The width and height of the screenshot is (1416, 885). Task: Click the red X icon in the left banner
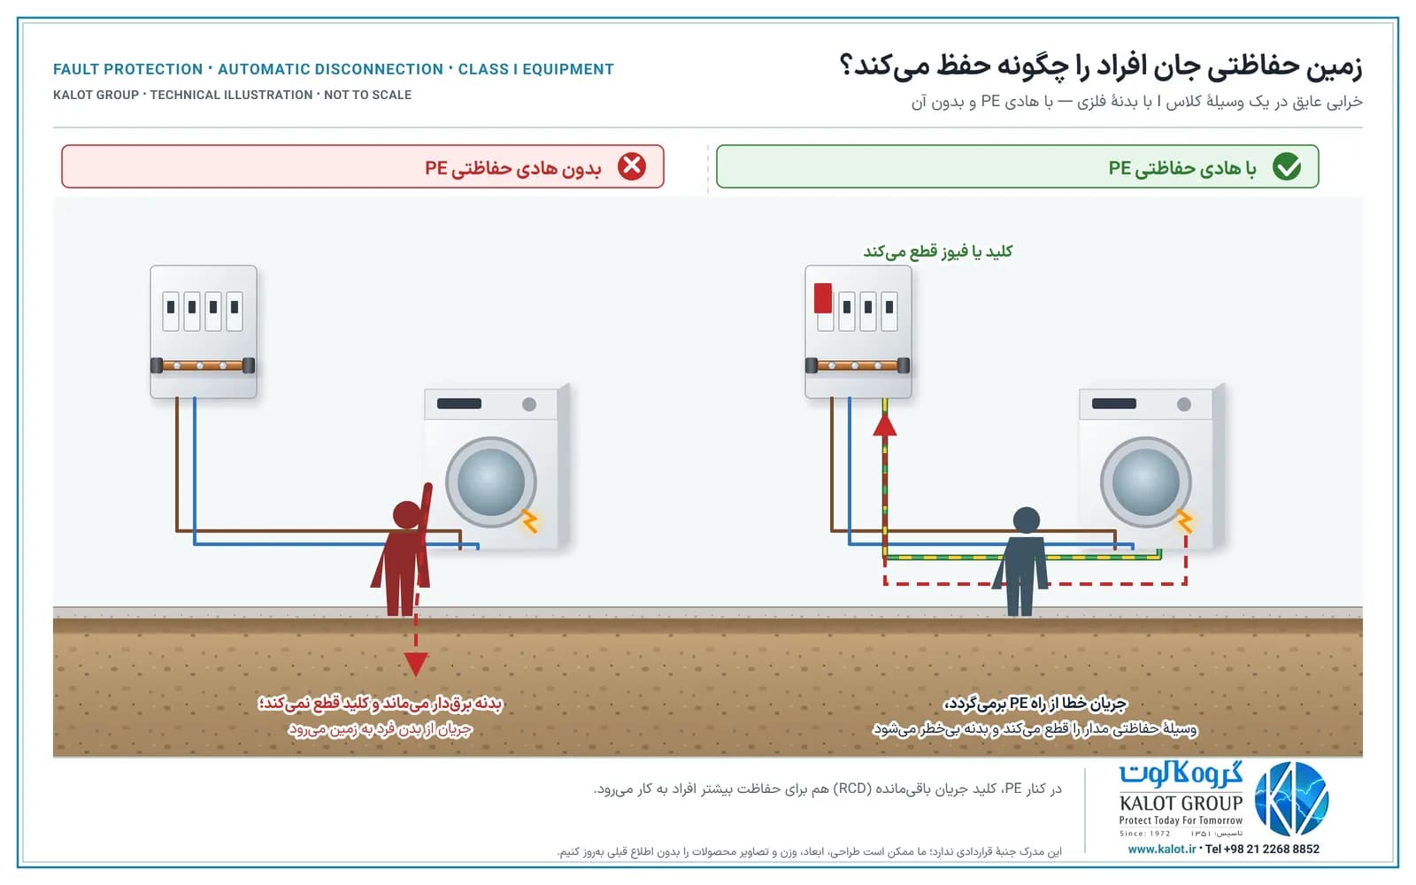pos(632,166)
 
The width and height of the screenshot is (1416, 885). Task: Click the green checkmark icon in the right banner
pos(1287,166)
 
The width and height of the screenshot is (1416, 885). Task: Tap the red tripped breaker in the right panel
pos(822,297)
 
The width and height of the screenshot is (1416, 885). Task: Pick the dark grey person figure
pos(1020,561)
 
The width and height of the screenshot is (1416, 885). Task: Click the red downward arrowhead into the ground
pos(415,664)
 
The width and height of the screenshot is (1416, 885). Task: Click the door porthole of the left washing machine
pos(490,481)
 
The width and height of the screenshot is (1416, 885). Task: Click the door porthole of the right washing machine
pos(1145,481)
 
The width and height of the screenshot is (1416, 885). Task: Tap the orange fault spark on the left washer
pos(530,521)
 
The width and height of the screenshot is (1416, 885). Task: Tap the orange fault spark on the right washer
pos(1185,521)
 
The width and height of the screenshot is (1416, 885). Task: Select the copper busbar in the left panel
pos(203,366)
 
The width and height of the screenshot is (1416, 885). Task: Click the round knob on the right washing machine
pos(1184,404)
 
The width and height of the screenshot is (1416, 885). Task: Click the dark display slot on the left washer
pos(459,404)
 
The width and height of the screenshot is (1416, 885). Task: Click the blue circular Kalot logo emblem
pos(1291,799)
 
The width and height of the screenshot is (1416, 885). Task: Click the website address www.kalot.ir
pos(1161,849)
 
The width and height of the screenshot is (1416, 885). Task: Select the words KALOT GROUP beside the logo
pos(1181,804)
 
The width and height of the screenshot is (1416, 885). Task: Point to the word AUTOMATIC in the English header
pos(331,69)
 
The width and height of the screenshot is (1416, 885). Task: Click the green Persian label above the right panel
pos(938,251)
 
